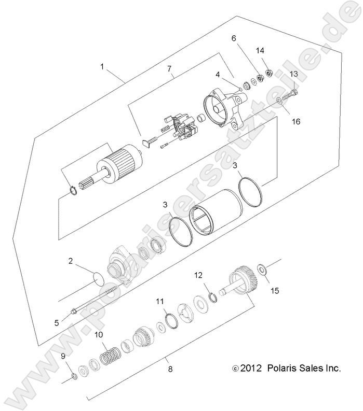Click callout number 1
click(102, 67)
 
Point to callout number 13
click(293, 75)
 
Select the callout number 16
click(295, 122)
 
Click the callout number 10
click(99, 334)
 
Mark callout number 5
click(57, 322)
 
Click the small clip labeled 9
click(75, 375)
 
